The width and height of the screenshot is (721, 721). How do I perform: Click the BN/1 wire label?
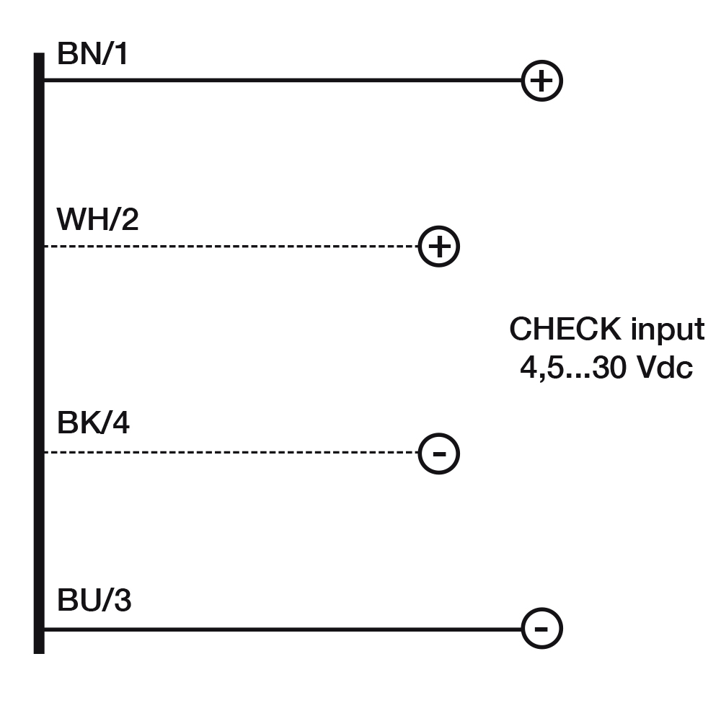tap(92, 55)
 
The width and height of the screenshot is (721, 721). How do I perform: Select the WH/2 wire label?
tap(97, 220)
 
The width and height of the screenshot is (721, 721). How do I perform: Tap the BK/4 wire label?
tap(93, 424)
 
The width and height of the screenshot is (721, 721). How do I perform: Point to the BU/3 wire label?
tap(94, 601)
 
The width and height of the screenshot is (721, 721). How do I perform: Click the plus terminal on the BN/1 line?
tap(541, 81)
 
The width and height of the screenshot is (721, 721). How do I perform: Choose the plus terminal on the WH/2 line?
tap(439, 247)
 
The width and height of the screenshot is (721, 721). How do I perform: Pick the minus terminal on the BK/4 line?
tap(439, 454)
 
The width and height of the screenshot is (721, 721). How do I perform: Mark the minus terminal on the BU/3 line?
tap(541, 628)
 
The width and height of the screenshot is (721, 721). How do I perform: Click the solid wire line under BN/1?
tap(281, 81)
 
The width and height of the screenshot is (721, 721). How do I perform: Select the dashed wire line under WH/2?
tap(231, 247)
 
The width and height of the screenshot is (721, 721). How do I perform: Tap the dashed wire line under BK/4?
tap(231, 453)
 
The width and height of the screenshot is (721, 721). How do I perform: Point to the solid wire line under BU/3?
tap(281, 629)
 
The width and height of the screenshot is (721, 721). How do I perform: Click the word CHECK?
tap(565, 329)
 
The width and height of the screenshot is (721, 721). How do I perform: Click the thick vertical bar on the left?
tap(39, 353)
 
